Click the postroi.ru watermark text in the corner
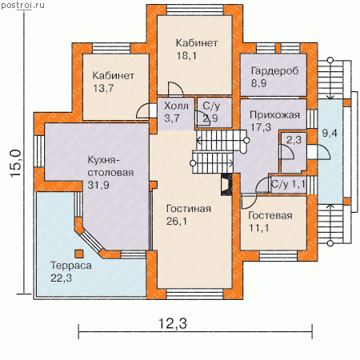[22, 5]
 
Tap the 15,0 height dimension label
[16, 163]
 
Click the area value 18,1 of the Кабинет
[186, 55]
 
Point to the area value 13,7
[103, 88]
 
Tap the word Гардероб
[274, 71]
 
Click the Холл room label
[176, 106]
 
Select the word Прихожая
[274, 115]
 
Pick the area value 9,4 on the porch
[330, 133]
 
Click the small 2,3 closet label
[294, 139]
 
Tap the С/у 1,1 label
[288, 184]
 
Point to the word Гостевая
[270, 215]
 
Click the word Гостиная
[189, 209]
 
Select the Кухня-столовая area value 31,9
[98, 185]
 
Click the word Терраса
[71, 266]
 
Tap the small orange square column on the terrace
[79, 254]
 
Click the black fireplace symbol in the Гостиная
[226, 185]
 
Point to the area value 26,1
[177, 221]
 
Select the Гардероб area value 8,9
[258, 83]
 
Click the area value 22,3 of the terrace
[61, 278]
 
